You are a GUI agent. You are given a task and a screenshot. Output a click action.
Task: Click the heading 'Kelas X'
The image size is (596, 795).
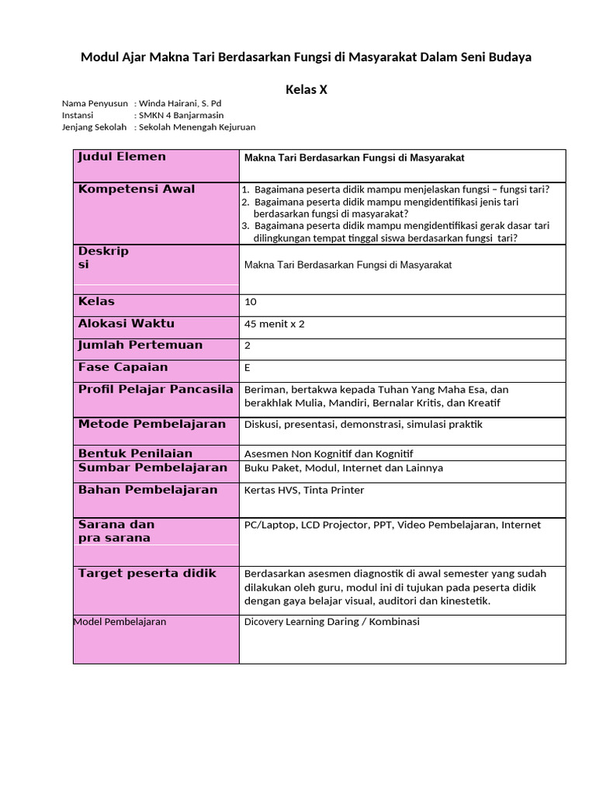tap(307, 89)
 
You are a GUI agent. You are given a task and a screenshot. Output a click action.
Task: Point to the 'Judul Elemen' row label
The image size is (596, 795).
tap(122, 157)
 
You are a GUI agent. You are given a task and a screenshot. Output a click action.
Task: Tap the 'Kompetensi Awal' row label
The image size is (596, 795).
tap(137, 189)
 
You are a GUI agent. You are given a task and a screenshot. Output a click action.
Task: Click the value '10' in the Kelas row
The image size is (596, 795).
tap(250, 302)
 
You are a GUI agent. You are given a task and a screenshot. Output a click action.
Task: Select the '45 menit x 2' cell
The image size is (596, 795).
tap(274, 324)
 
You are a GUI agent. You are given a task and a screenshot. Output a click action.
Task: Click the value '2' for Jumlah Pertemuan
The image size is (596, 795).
tap(248, 345)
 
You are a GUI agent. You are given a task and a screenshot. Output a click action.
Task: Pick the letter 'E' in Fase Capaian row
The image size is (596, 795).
tap(248, 367)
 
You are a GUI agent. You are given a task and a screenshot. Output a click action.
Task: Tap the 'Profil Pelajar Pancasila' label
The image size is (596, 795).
tap(155, 389)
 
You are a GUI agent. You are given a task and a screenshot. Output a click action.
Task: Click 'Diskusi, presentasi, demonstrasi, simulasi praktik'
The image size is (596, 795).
tap(363, 425)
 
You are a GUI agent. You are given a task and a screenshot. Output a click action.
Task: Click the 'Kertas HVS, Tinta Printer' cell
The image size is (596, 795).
tap(303, 490)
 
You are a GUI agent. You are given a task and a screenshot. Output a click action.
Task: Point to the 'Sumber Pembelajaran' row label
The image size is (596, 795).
tap(153, 467)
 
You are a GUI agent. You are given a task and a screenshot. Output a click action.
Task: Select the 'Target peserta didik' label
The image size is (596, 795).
tap(147, 573)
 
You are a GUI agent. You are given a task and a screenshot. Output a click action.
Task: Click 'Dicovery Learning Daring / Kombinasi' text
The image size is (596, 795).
tap(331, 622)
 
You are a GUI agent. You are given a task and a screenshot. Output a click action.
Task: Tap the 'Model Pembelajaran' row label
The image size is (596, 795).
tap(120, 622)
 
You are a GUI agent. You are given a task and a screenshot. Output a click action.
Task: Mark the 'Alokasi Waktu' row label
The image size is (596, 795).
tap(126, 324)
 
